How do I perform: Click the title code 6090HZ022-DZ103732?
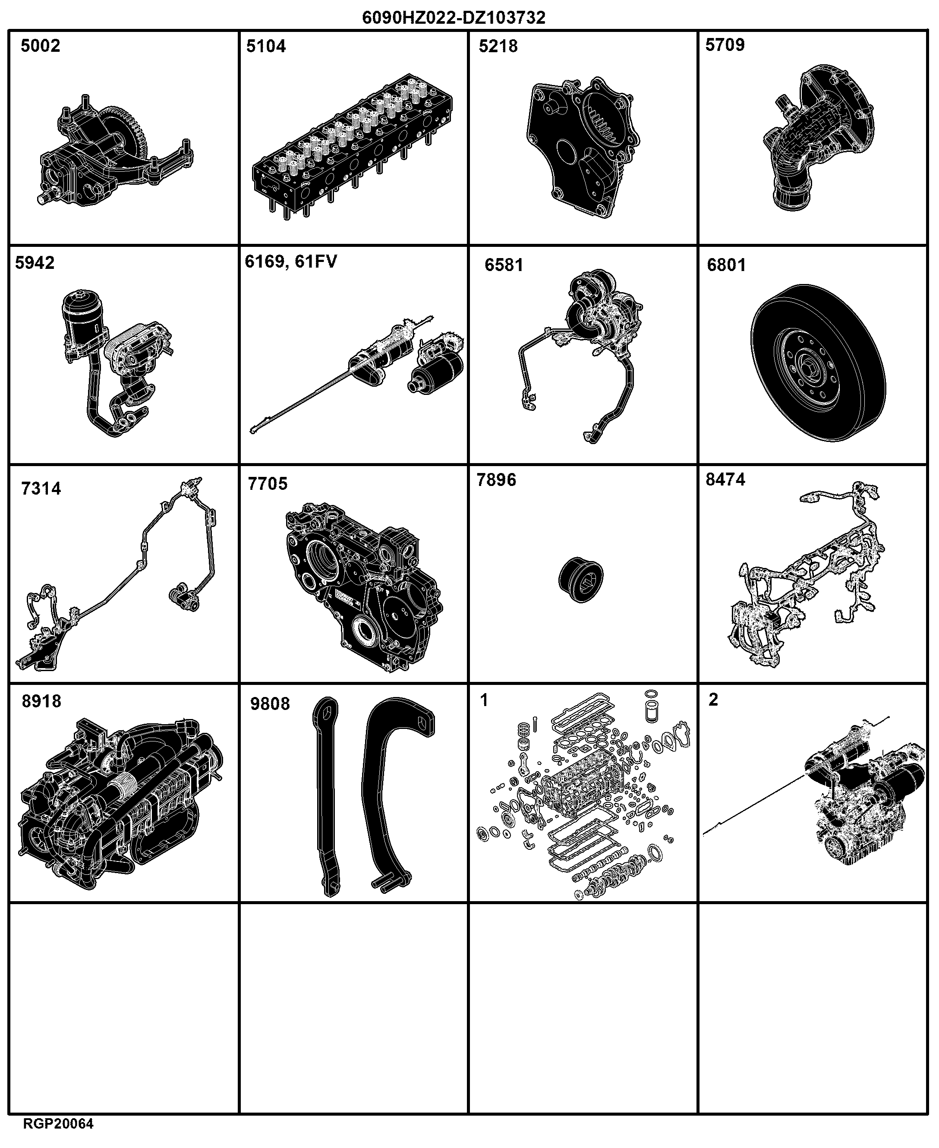coord(454,18)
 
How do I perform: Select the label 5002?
coord(41,46)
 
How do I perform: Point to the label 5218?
coord(498,47)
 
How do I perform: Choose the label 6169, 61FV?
coord(291,262)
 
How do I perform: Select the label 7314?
coord(41,489)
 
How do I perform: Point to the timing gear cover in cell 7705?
coord(363,587)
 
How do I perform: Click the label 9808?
coord(270,704)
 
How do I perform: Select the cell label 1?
coord(484,700)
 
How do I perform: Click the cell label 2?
coord(713,700)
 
